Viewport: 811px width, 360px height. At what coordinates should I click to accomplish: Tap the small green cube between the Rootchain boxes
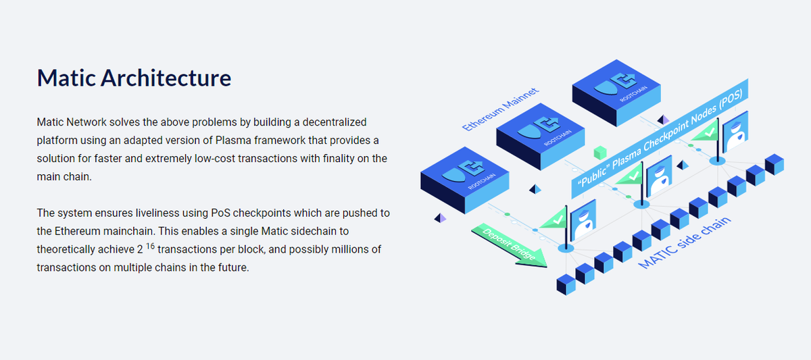[598, 153]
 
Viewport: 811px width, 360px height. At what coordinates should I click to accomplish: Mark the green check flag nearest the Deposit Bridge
[554, 219]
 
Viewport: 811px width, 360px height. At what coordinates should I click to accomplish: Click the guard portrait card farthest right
[735, 137]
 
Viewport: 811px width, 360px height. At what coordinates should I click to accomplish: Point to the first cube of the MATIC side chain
[566, 284]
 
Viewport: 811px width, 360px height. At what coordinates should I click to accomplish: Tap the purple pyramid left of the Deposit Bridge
[441, 217]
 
